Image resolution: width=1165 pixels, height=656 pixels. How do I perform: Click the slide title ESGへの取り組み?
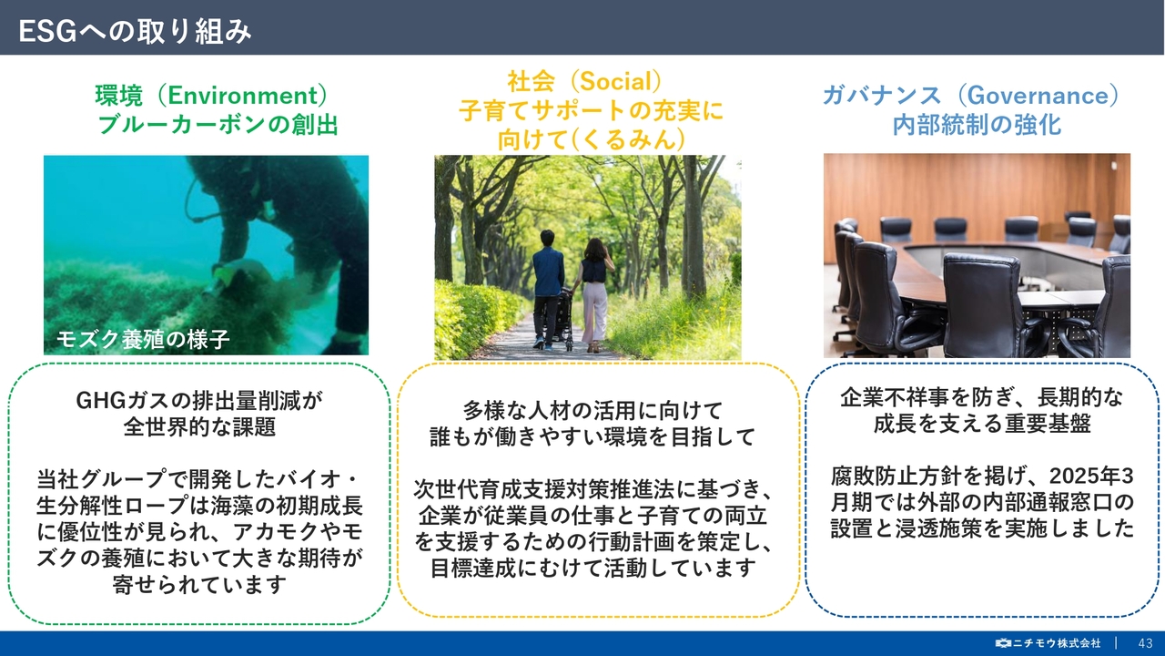tap(136, 31)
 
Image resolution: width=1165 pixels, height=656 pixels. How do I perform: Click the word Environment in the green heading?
tap(243, 96)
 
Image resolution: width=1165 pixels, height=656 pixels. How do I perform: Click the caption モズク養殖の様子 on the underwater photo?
tap(143, 339)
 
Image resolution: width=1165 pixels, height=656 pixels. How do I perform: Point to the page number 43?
tap(1145, 643)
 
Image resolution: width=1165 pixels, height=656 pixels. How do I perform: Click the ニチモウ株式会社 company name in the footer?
tap(1056, 643)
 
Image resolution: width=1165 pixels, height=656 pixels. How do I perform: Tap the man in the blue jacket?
tap(548, 289)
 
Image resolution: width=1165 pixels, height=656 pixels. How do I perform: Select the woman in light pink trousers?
tap(594, 294)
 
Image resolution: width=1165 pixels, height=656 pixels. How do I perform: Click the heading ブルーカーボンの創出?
tap(218, 125)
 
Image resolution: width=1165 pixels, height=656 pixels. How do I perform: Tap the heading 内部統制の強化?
tap(977, 125)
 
